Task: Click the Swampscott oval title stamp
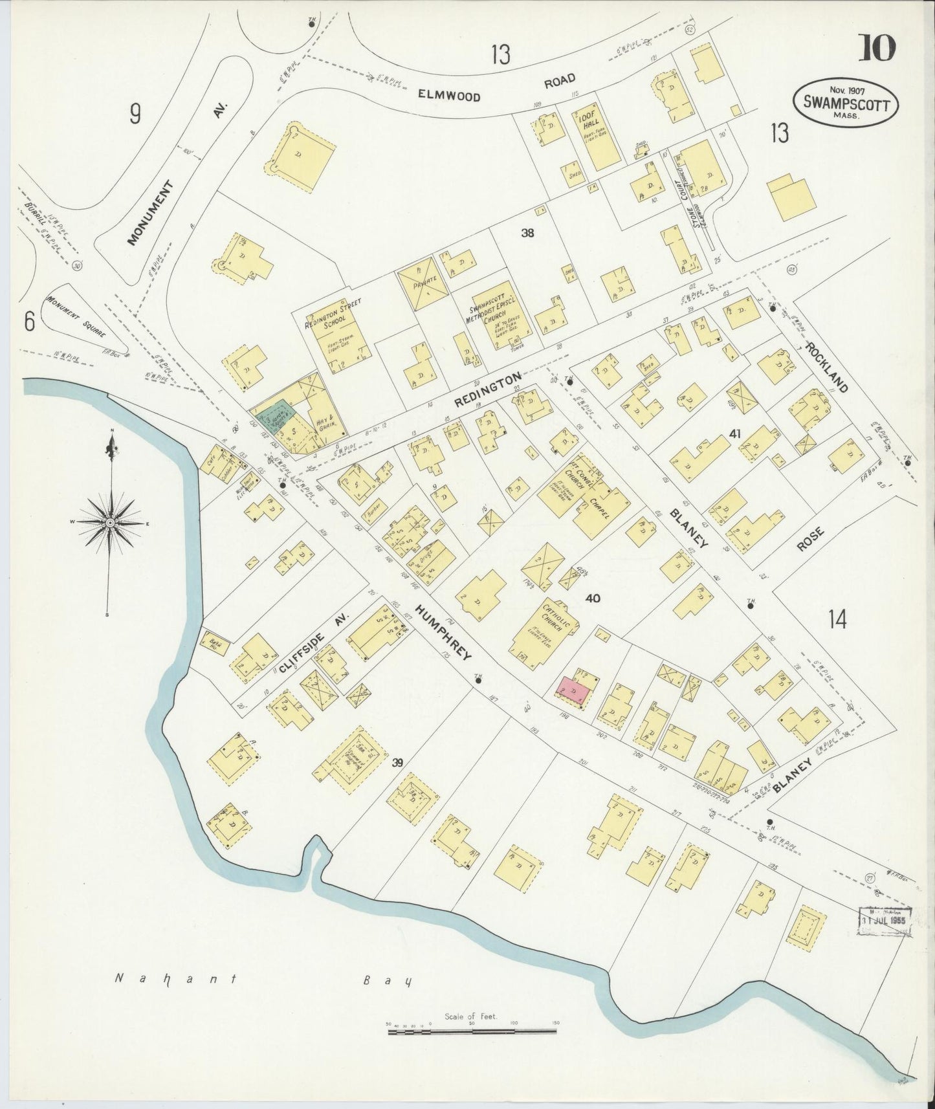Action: click(x=846, y=102)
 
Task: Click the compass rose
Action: click(x=111, y=522)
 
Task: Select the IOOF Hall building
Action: click(x=595, y=138)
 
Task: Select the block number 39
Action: click(x=397, y=762)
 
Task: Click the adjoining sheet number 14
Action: click(x=836, y=620)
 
